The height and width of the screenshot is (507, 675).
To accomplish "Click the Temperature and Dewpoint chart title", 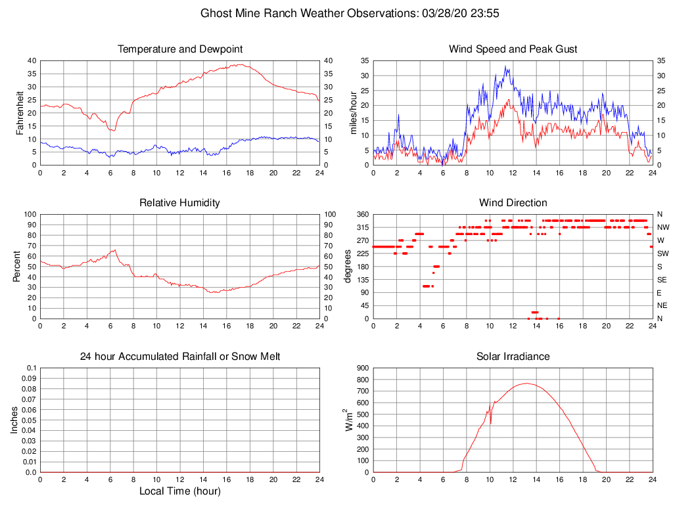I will (x=179, y=49).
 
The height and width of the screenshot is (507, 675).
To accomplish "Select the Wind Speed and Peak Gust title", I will (x=513, y=49).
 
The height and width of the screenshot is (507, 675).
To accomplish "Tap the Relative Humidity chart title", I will (x=179, y=203).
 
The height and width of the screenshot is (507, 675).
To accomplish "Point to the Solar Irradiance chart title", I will (x=513, y=357).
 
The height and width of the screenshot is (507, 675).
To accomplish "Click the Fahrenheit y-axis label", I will (x=20, y=112).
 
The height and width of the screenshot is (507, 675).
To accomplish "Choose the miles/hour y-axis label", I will (x=354, y=112).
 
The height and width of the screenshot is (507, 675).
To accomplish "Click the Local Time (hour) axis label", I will (x=179, y=491).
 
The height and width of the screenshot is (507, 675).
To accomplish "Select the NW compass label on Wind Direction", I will (x=663, y=227).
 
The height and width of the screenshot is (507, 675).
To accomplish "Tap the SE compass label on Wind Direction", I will (x=663, y=280).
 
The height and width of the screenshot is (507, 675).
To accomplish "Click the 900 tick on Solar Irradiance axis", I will (x=362, y=368).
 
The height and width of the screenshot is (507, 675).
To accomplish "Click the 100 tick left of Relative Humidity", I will (x=29, y=215).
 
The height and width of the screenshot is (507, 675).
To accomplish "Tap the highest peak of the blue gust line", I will (x=505, y=66).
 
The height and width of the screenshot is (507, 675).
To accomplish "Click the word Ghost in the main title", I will (x=215, y=13).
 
